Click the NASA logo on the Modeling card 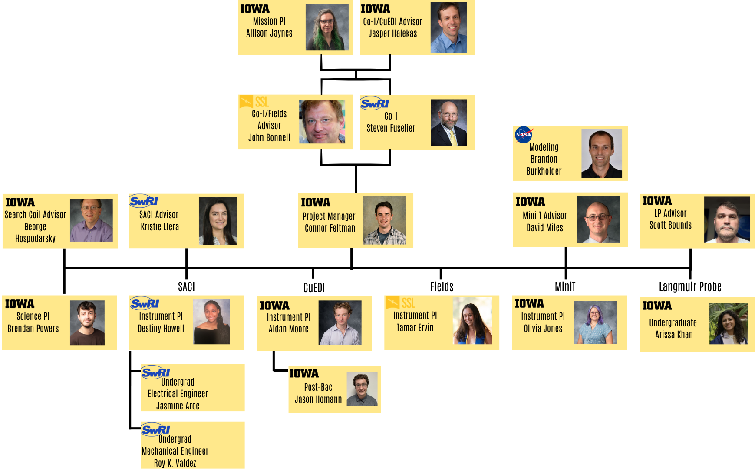(524, 135)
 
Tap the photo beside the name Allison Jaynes (327, 27)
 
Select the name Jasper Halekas (392, 33)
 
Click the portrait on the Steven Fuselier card (449, 123)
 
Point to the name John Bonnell (269, 138)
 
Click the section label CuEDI (314, 288)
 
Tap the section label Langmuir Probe (690, 287)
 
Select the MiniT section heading (565, 287)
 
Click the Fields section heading (442, 287)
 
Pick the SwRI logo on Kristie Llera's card (144, 201)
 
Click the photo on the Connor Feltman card (384, 220)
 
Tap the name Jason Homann (318, 399)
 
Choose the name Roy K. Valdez (175, 463)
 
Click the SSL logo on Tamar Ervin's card (401, 302)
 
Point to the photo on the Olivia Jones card (595, 322)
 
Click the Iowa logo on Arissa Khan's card (657, 306)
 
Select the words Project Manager (329, 216)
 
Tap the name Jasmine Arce (178, 406)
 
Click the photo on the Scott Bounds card (727, 219)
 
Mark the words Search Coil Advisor (35, 215)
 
